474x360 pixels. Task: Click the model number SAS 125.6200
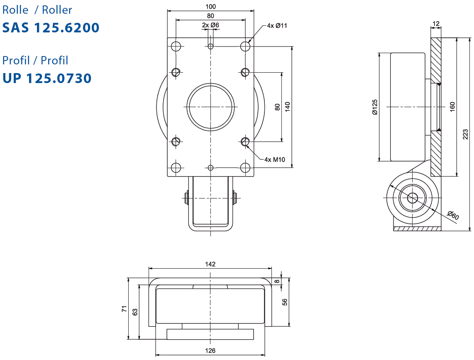[x=51, y=27]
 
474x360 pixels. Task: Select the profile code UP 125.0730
[x=47, y=78]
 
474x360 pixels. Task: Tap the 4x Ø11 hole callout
[x=277, y=26]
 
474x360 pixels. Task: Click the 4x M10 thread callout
[x=274, y=159]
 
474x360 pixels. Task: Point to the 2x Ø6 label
[x=210, y=25]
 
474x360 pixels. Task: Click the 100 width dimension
[x=211, y=6]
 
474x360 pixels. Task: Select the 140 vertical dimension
[x=288, y=107]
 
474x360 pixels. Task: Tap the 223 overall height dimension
[x=466, y=134]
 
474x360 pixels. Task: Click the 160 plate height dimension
[x=452, y=107]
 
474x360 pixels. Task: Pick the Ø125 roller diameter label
[x=375, y=107]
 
